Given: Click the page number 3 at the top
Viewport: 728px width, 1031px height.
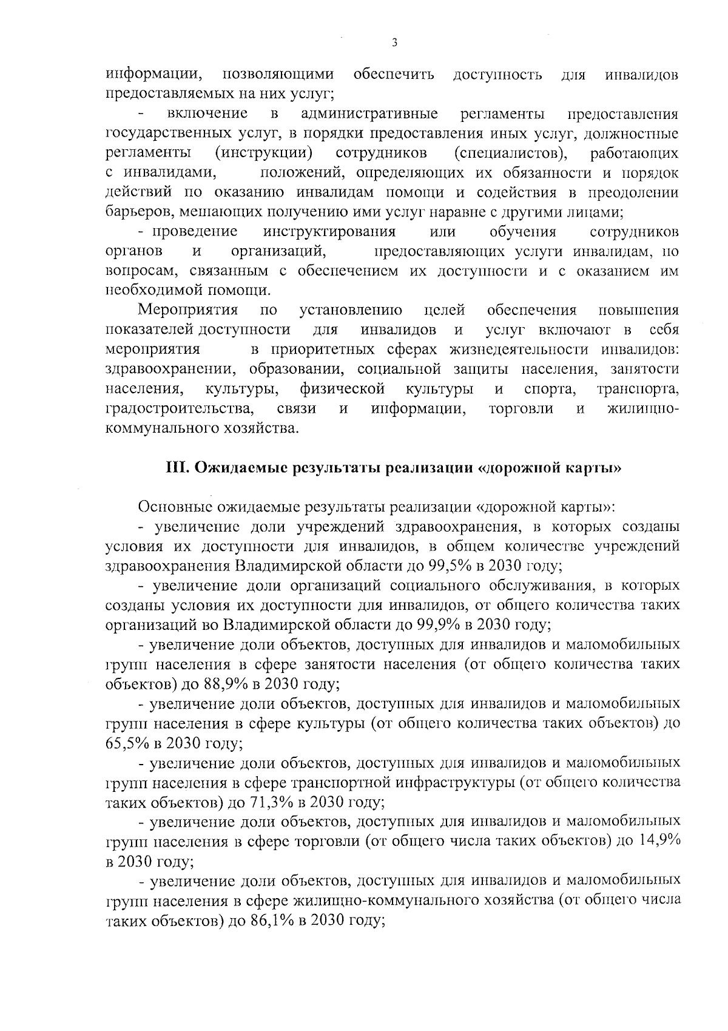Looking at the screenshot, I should point(394,42).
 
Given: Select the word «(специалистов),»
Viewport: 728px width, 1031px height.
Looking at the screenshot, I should point(510,153).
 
